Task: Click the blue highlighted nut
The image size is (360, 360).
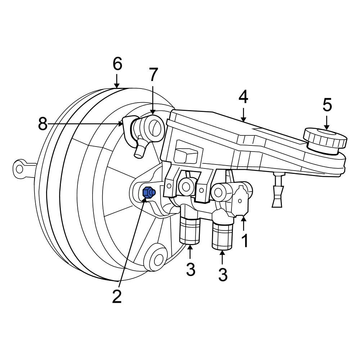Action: (x=148, y=193)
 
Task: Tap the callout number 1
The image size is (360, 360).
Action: (x=245, y=240)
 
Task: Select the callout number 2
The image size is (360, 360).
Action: (x=117, y=296)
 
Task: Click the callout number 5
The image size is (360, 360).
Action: (x=327, y=105)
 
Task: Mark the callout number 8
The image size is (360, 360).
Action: (x=43, y=125)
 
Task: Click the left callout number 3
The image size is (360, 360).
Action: (x=190, y=269)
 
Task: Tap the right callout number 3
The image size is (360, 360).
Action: (x=223, y=275)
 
